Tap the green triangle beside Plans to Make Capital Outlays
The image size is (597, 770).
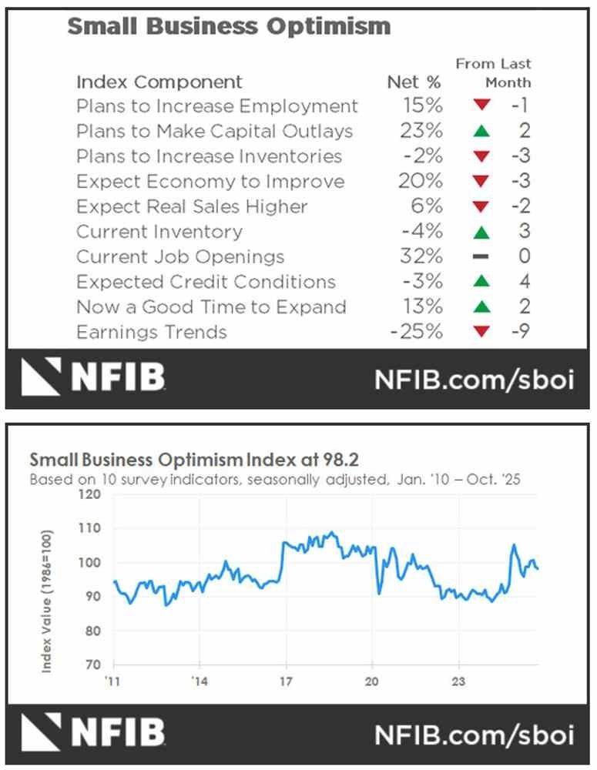pos(482,132)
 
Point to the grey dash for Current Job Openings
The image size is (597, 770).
pos(482,257)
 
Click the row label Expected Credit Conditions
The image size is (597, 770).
pos(206,282)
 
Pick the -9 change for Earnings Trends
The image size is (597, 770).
pos(522,332)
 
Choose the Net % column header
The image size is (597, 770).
pos(414,82)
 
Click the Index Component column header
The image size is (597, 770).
pos(159,82)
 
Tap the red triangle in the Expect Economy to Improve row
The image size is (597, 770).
pos(482,182)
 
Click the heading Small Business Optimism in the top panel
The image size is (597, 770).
pos(229,26)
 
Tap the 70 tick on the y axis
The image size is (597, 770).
pos(94,665)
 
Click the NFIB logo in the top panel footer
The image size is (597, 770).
pos(93,377)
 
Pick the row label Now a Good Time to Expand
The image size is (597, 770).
pos(211,307)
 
